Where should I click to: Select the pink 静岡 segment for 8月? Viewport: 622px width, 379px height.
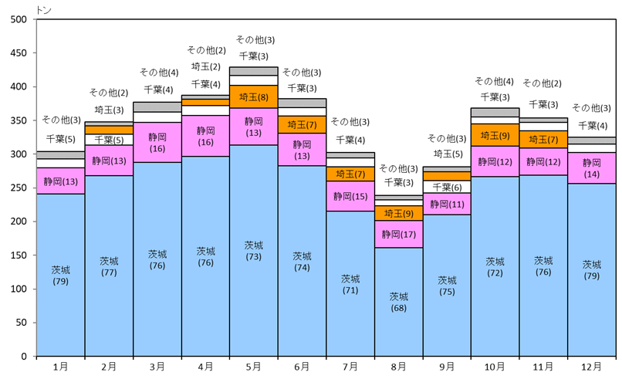click(x=398, y=234)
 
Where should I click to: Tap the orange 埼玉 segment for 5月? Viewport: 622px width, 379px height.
click(x=253, y=97)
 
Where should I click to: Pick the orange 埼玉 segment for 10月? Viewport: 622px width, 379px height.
click(x=495, y=135)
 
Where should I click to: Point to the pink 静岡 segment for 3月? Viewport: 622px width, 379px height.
click(x=157, y=142)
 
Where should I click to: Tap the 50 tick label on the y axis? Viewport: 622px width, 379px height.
click(x=21, y=323)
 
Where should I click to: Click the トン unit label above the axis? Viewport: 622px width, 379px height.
click(x=44, y=8)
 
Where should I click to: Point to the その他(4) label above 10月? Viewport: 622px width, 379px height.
click(x=494, y=81)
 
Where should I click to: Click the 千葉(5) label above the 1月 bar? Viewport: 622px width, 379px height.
click(x=60, y=140)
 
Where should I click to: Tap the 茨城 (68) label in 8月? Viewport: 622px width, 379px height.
click(x=398, y=302)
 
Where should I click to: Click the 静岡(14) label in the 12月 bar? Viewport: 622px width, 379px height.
click(x=592, y=168)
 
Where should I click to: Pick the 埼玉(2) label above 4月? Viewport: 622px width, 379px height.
click(x=205, y=67)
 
